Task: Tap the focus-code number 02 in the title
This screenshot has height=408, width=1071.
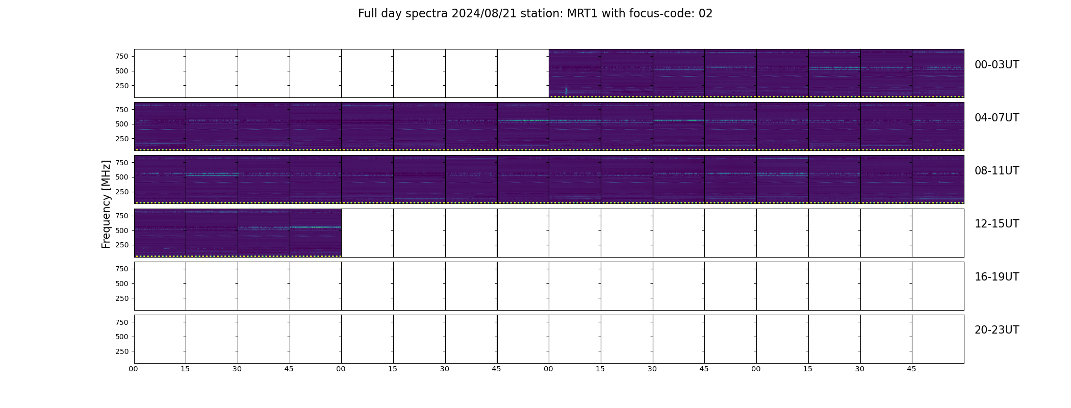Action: tap(705, 14)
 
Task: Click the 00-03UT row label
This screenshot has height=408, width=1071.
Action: tap(997, 65)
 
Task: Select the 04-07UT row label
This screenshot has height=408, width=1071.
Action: tap(997, 118)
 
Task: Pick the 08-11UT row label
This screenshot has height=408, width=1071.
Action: tap(997, 171)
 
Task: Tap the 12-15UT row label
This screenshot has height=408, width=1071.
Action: tap(997, 224)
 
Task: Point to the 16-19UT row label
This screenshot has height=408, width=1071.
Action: tap(997, 277)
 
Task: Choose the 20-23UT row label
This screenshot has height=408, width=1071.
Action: tap(997, 330)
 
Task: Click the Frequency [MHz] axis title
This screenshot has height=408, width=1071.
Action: tap(106, 205)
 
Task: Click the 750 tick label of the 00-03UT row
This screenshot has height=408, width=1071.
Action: tap(122, 56)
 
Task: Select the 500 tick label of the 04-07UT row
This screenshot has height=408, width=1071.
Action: tap(122, 124)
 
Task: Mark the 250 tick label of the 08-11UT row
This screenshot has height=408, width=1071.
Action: tap(122, 192)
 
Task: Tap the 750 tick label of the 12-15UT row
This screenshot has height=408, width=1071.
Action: tap(122, 216)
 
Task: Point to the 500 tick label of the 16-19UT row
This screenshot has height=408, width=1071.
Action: tap(122, 284)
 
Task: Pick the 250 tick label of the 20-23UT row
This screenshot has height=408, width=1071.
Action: tap(122, 351)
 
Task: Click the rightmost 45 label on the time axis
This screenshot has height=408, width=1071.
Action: tap(911, 369)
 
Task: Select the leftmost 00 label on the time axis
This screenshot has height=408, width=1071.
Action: tap(133, 369)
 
